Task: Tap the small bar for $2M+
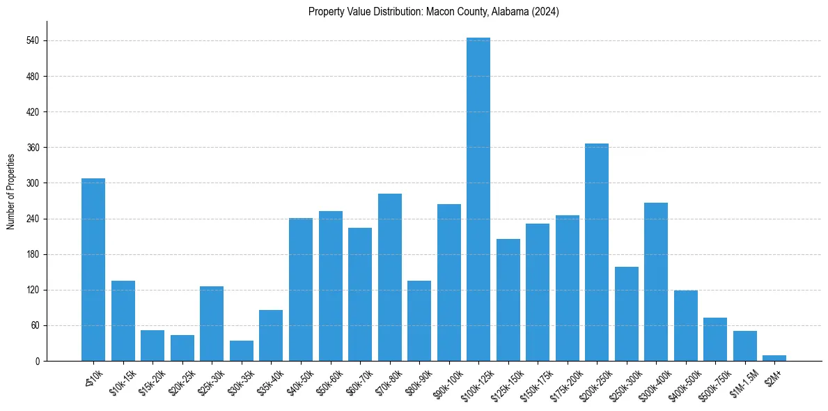point(774,358)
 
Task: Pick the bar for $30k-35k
point(242,350)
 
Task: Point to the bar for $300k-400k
point(656,281)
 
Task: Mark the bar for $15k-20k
point(153,346)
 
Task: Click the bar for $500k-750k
point(715,339)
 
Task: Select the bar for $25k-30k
point(212,323)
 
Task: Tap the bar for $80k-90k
point(419,320)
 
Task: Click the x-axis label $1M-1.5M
point(740,382)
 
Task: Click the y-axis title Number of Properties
point(11,191)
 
